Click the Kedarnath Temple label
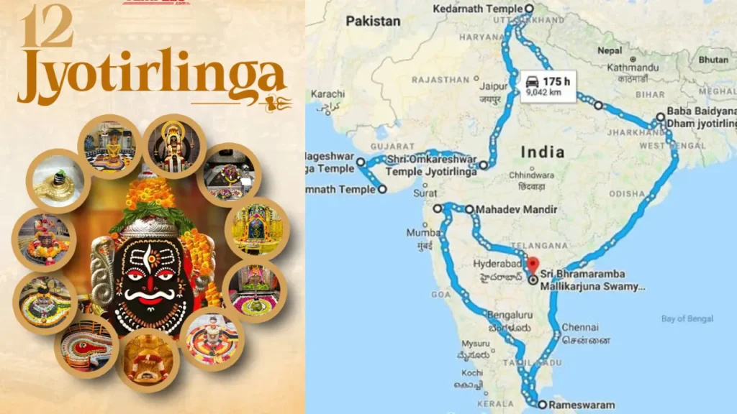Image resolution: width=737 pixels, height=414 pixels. click(481, 9)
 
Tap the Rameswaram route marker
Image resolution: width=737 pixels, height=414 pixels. click(542, 405)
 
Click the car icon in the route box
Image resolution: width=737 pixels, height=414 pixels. click(532, 81)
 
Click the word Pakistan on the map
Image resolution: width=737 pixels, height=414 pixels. click(373, 22)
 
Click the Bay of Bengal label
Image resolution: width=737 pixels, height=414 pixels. click(687, 318)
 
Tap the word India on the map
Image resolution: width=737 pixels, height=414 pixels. click(543, 152)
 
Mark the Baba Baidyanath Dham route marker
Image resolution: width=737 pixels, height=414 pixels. click(660, 117)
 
